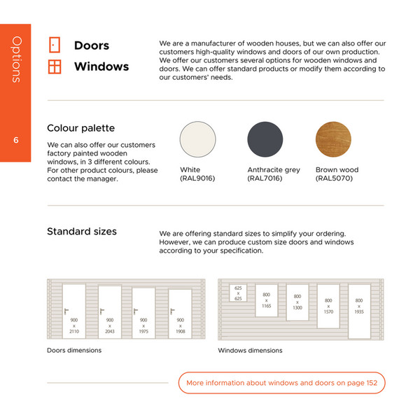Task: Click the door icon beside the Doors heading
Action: coord(54,45)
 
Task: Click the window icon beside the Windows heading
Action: coord(54,66)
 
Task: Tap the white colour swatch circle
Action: coord(197,140)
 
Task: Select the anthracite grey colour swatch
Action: coord(265,140)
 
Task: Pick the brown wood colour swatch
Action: coord(333,140)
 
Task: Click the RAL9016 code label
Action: coord(197,179)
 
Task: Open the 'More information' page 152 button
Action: coord(281,383)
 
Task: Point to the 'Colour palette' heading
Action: coord(80,128)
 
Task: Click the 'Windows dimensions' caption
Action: coord(250,350)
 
